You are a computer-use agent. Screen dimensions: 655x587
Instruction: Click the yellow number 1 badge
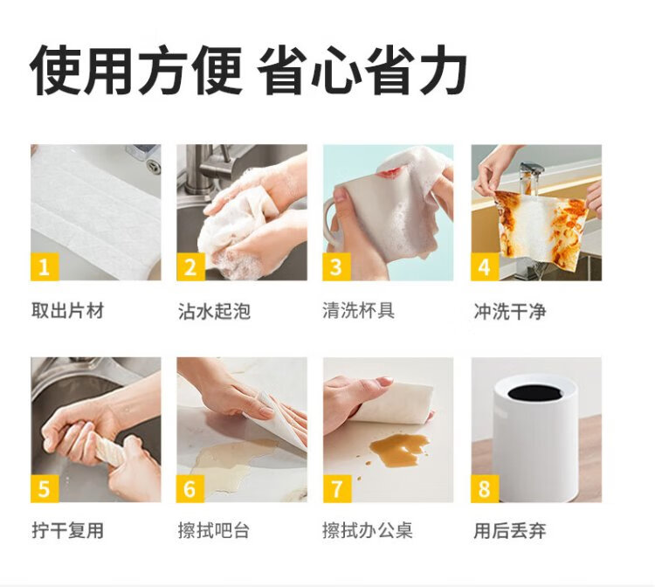coord(45,266)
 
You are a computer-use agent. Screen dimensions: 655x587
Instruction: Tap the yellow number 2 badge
coord(190,266)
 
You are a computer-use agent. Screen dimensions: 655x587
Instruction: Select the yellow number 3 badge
coord(337,266)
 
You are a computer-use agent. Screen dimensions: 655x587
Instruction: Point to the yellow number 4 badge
coord(485,266)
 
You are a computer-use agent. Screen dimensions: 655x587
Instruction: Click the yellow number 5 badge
coord(45,488)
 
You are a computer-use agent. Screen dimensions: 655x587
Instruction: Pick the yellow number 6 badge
coord(190,488)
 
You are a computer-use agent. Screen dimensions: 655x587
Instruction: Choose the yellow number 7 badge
coord(337,488)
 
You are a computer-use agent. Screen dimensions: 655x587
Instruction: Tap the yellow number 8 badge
coord(485,488)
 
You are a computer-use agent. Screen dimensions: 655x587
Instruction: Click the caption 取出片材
coord(67,311)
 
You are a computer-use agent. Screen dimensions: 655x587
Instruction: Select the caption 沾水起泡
coord(214,311)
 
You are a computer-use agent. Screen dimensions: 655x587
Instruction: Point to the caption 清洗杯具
coord(358,310)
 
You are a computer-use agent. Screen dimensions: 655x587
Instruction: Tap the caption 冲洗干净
coord(510,311)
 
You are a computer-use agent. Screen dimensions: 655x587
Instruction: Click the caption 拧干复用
coord(67,530)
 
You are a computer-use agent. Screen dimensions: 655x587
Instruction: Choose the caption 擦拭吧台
coord(214,530)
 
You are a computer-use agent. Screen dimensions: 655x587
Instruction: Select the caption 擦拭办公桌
coord(368,530)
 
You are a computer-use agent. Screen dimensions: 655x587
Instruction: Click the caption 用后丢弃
coord(510,531)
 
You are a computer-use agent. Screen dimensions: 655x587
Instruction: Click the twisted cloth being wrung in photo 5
coord(109,449)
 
